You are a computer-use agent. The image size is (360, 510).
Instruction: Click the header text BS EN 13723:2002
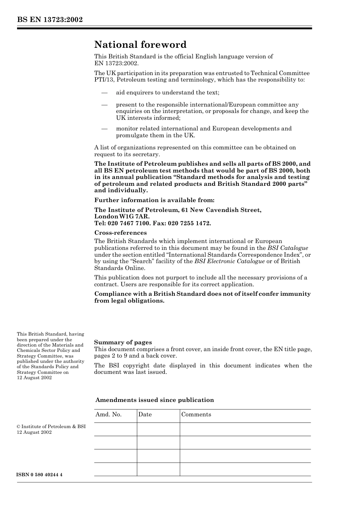click(50, 20)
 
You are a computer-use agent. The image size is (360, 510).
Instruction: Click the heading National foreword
click(140, 45)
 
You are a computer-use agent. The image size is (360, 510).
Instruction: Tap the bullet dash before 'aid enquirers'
click(104, 93)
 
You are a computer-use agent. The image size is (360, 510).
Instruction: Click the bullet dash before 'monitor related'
click(104, 129)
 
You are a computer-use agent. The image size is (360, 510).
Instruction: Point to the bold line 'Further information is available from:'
click(154, 200)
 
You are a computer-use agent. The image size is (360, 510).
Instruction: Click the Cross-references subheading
click(121, 233)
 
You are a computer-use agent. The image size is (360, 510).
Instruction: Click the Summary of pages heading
click(123, 342)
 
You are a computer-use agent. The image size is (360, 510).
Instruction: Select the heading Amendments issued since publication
click(155, 400)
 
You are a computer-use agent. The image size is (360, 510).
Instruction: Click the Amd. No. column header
click(108, 414)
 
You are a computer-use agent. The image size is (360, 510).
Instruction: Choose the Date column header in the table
click(145, 414)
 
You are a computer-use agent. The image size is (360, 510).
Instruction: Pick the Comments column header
click(196, 414)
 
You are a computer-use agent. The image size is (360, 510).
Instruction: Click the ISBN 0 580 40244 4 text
click(39, 475)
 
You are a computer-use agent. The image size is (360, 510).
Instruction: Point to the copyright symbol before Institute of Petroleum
click(19, 427)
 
